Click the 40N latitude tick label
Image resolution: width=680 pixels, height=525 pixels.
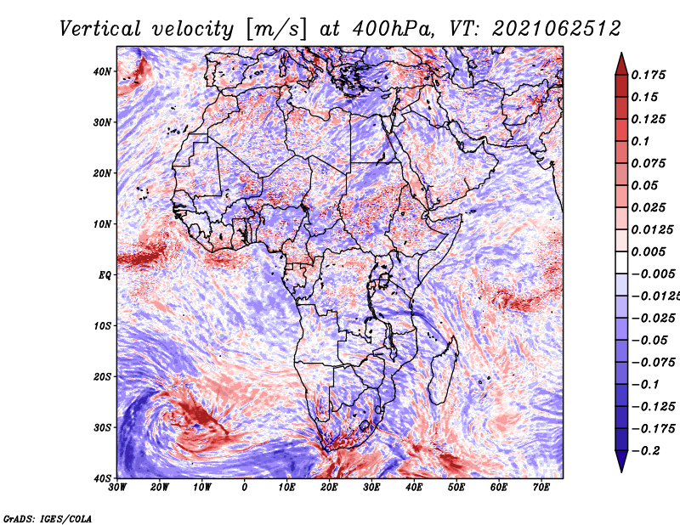click(102, 71)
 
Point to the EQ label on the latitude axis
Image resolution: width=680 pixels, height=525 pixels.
click(105, 275)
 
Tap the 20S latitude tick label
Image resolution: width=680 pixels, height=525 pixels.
click(102, 376)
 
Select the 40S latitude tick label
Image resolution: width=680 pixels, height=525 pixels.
click(102, 478)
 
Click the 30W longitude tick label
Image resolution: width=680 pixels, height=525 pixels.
click(117, 488)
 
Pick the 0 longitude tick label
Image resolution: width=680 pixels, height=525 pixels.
click(245, 488)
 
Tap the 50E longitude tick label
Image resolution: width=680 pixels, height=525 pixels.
click(456, 488)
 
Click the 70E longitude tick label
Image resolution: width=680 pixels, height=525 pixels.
click(541, 488)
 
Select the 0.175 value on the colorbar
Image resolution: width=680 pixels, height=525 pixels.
click(649, 76)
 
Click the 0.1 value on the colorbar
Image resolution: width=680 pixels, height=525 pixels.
click(641, 141)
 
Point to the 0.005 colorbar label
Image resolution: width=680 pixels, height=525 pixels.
click(649, 251)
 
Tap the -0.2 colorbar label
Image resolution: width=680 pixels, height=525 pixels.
click(646, 451)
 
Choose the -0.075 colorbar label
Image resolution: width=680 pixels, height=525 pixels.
click(654, 363)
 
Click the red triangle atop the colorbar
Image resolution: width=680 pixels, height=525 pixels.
click(621, 65)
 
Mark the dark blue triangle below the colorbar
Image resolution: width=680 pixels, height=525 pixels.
click(621, 461)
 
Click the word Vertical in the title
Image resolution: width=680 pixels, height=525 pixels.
click(100, 29)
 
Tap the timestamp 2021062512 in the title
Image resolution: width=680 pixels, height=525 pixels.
click(557, 29)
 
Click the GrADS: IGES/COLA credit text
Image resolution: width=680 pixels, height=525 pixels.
click(48, 518)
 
